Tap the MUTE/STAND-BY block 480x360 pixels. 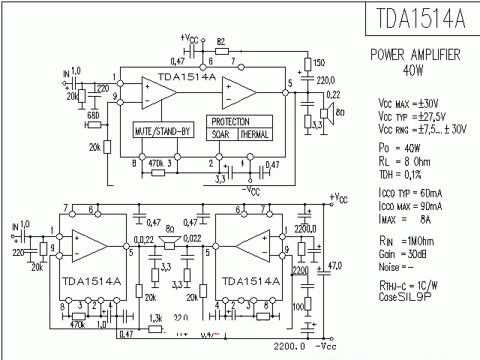pos(163,132)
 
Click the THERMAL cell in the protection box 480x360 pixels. pos(254,135)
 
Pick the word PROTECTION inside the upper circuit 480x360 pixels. pos(231,121)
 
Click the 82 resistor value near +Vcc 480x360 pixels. pos(221,41)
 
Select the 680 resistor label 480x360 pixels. pos(94,115)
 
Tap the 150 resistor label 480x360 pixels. pos(319,63)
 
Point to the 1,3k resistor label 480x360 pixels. pos(156,317)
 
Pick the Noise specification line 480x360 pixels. pos(397,266)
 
